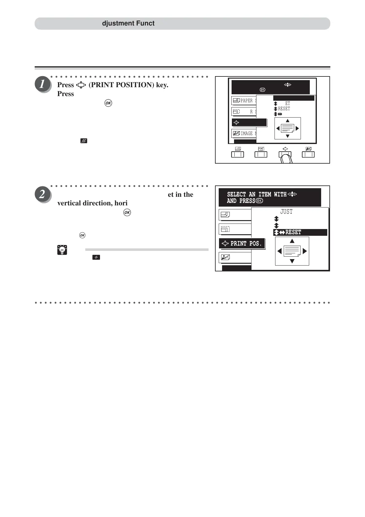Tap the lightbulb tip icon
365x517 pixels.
coord(62,250)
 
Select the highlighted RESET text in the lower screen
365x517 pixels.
coord(293,232)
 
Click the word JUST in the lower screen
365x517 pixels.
coord(286,212)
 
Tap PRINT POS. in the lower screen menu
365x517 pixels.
coord(246,243)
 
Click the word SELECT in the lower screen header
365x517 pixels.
coord(236,194)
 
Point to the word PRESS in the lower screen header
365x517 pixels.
coord(247,201)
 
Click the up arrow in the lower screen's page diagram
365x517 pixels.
coord(292,241)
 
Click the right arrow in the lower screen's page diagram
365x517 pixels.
coord(305,251)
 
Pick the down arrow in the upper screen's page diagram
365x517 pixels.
coord(287,136)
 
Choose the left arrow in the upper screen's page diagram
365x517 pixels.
coord(278,128)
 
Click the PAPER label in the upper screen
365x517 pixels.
coord(246,101)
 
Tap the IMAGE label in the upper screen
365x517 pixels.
coord(246,133)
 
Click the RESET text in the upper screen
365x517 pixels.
coord(284,109)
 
